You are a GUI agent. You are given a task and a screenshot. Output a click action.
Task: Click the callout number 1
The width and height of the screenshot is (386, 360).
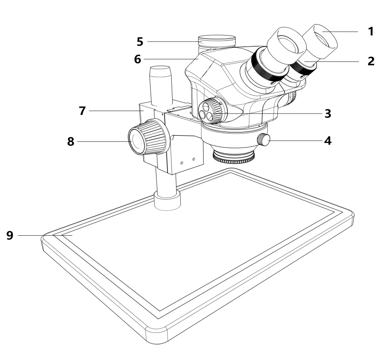click(x=371, y=32)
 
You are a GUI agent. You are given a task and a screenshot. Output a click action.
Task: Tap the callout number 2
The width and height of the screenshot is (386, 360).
click(x=371, y=61)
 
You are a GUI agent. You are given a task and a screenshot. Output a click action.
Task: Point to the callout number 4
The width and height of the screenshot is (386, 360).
click(x=327, y=140)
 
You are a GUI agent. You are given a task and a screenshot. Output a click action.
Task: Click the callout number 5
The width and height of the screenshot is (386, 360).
click(x=140, y=42)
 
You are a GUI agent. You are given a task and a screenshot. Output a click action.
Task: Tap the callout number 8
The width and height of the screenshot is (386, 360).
click(x=70, y=141)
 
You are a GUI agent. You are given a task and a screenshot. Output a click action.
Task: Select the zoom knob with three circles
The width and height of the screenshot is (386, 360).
click(x=211, y=112)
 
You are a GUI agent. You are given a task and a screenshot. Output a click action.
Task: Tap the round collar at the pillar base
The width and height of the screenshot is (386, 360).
click(x=168, y=200)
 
